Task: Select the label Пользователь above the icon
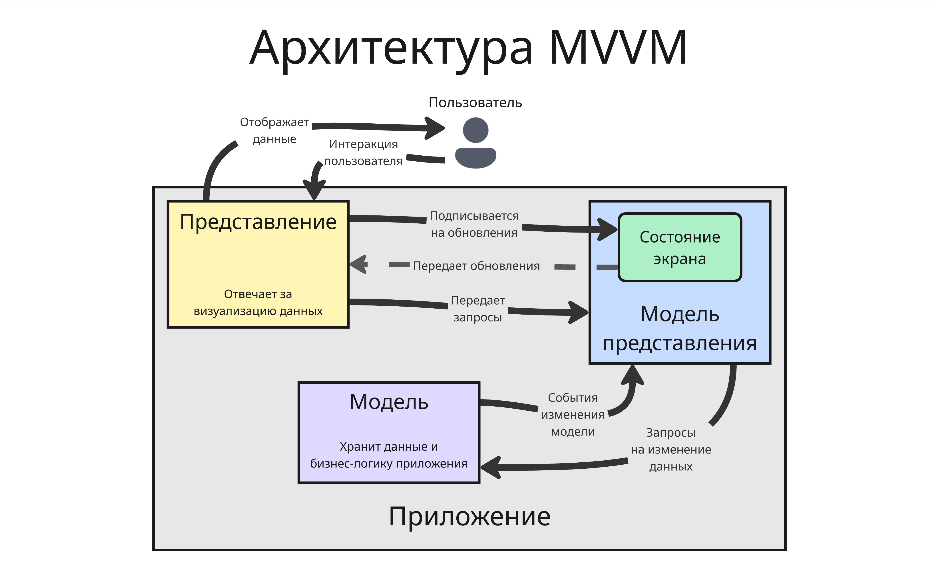click(x=475, y=103)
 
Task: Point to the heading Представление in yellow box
click(x=258, y=222)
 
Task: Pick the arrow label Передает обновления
click(x=476, y=266)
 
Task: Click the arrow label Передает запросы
click(x=478, y=309)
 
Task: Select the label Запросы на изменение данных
click(x=670, y=450)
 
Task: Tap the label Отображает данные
click(x=274, y=130)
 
